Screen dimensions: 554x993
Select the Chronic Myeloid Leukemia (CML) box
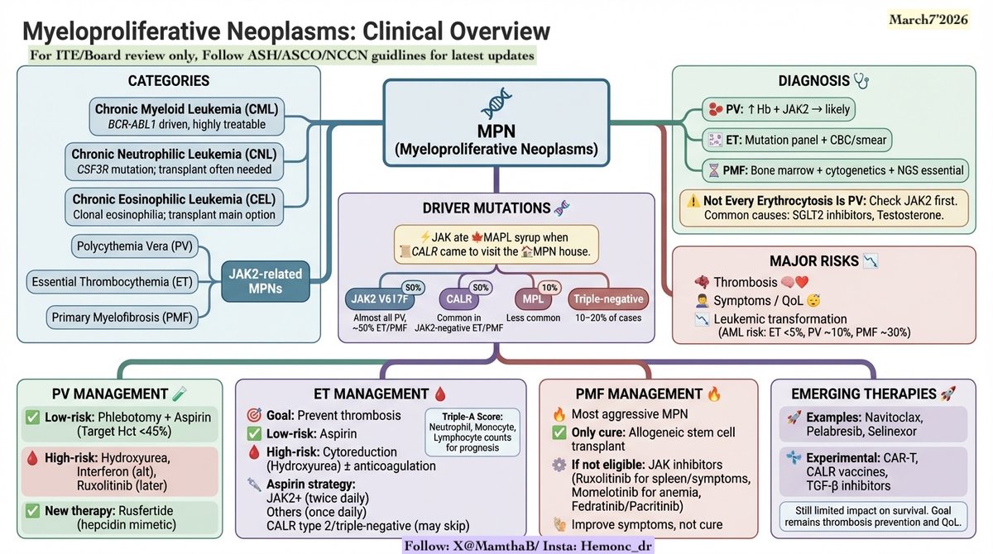tap(185, 117)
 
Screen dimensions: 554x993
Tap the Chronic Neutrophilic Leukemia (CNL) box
tap(185, 161)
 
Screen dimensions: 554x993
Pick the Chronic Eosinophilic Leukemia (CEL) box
tap(185, 207)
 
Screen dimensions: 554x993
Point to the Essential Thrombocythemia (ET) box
tap(113, 283)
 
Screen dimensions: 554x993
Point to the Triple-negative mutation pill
tap(608, 298)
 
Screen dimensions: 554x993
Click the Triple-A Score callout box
tap(472, 432)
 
